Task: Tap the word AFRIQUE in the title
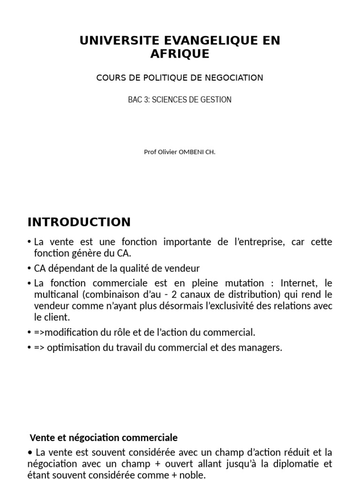click(x=180, y=54)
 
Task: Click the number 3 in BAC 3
click(x=144, y=100)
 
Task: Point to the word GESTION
click(x=216, y=100)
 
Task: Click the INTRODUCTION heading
click(x=79, y=222)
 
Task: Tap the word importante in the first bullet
click(x=189, y=242)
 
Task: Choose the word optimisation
click(x=67, y=348)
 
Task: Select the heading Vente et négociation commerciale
click(x=104, y=438)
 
